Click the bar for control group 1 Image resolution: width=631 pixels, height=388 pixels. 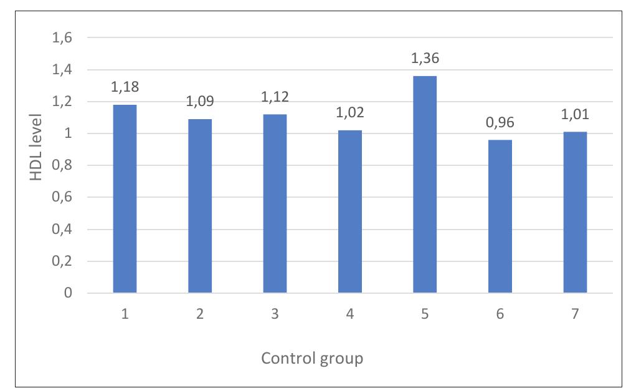(125, 198)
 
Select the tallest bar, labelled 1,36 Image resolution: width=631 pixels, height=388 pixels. (425, 184)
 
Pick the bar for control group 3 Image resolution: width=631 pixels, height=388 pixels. (275, 203)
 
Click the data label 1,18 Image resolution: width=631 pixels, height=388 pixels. (125, 87)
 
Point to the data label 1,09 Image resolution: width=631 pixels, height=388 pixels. (200, 101)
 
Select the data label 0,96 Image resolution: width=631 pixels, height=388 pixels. (500, 122)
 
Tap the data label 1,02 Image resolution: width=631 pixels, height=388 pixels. (349, 112)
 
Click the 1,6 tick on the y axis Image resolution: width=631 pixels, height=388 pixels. (60, 38)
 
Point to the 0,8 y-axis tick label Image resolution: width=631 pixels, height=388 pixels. (60, 166)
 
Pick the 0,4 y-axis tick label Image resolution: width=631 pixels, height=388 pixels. (60, 230)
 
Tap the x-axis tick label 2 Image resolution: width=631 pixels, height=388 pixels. (200, 314)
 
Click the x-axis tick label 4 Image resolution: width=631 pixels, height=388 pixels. (349, 314)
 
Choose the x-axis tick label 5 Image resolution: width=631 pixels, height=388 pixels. (425, 314)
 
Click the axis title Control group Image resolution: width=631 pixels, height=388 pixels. (312, 359)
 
